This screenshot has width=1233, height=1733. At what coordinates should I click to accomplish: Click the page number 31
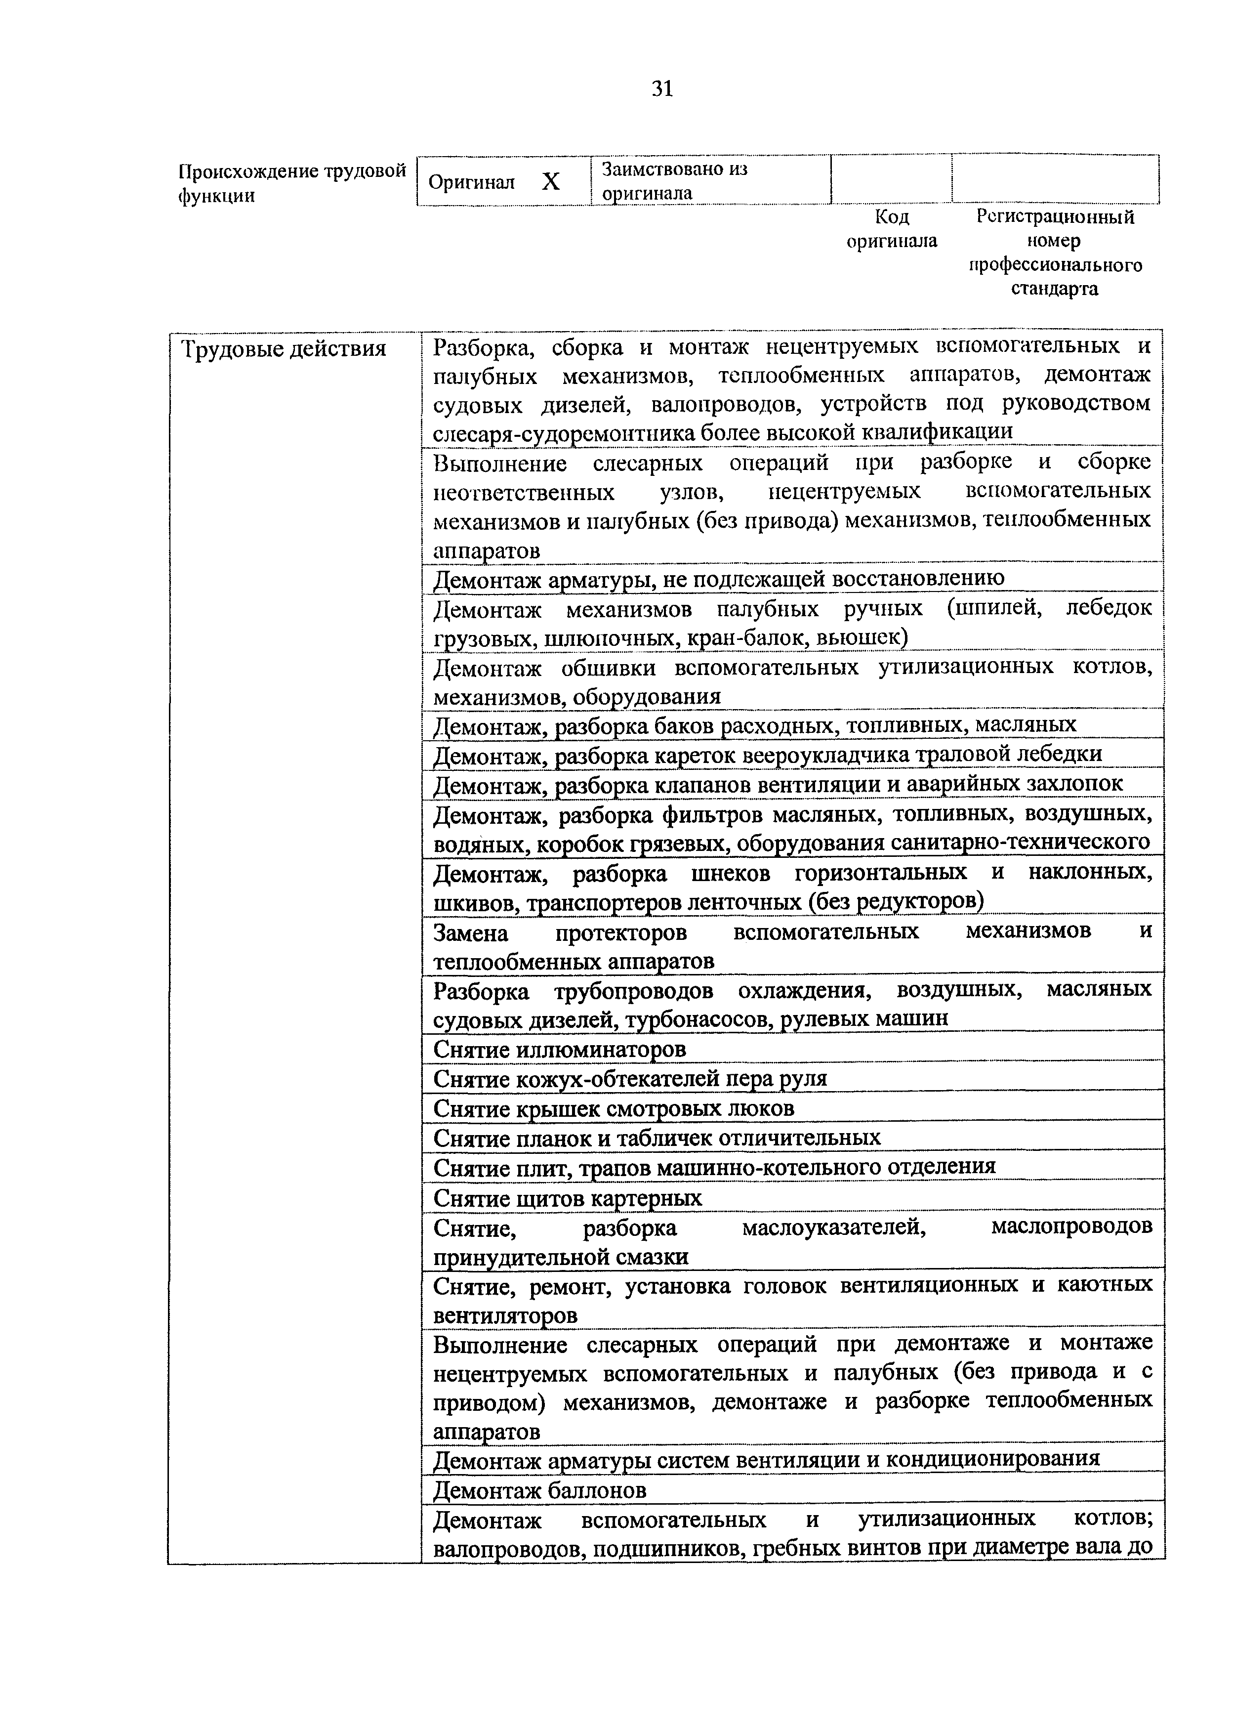click(x=662, y=89)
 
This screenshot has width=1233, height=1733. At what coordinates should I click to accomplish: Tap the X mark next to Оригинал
click(x=551, y=181)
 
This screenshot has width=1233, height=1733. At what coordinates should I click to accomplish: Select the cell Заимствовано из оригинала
click(x=674, y=181)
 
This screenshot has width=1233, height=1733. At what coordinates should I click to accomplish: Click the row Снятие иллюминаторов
click(x=560, y=1049)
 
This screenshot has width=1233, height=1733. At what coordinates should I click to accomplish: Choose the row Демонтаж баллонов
click(x=540, y=1491)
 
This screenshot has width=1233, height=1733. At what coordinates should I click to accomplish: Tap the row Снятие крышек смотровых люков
click(x=614, y=1109)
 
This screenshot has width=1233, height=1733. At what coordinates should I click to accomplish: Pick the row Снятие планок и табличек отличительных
click(x=657, y=1138)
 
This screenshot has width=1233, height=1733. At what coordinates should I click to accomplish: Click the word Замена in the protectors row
click(x=470, y=932)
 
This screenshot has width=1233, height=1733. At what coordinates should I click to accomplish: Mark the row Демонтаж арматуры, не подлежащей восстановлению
click(x=718, y=579)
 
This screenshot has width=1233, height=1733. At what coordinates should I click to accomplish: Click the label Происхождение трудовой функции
click(x=292, y=183)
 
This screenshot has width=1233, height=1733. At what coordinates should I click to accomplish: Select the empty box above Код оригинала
click(x=891, y=179)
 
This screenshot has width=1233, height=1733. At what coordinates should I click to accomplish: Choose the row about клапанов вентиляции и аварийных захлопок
click(x=778, y=783)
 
